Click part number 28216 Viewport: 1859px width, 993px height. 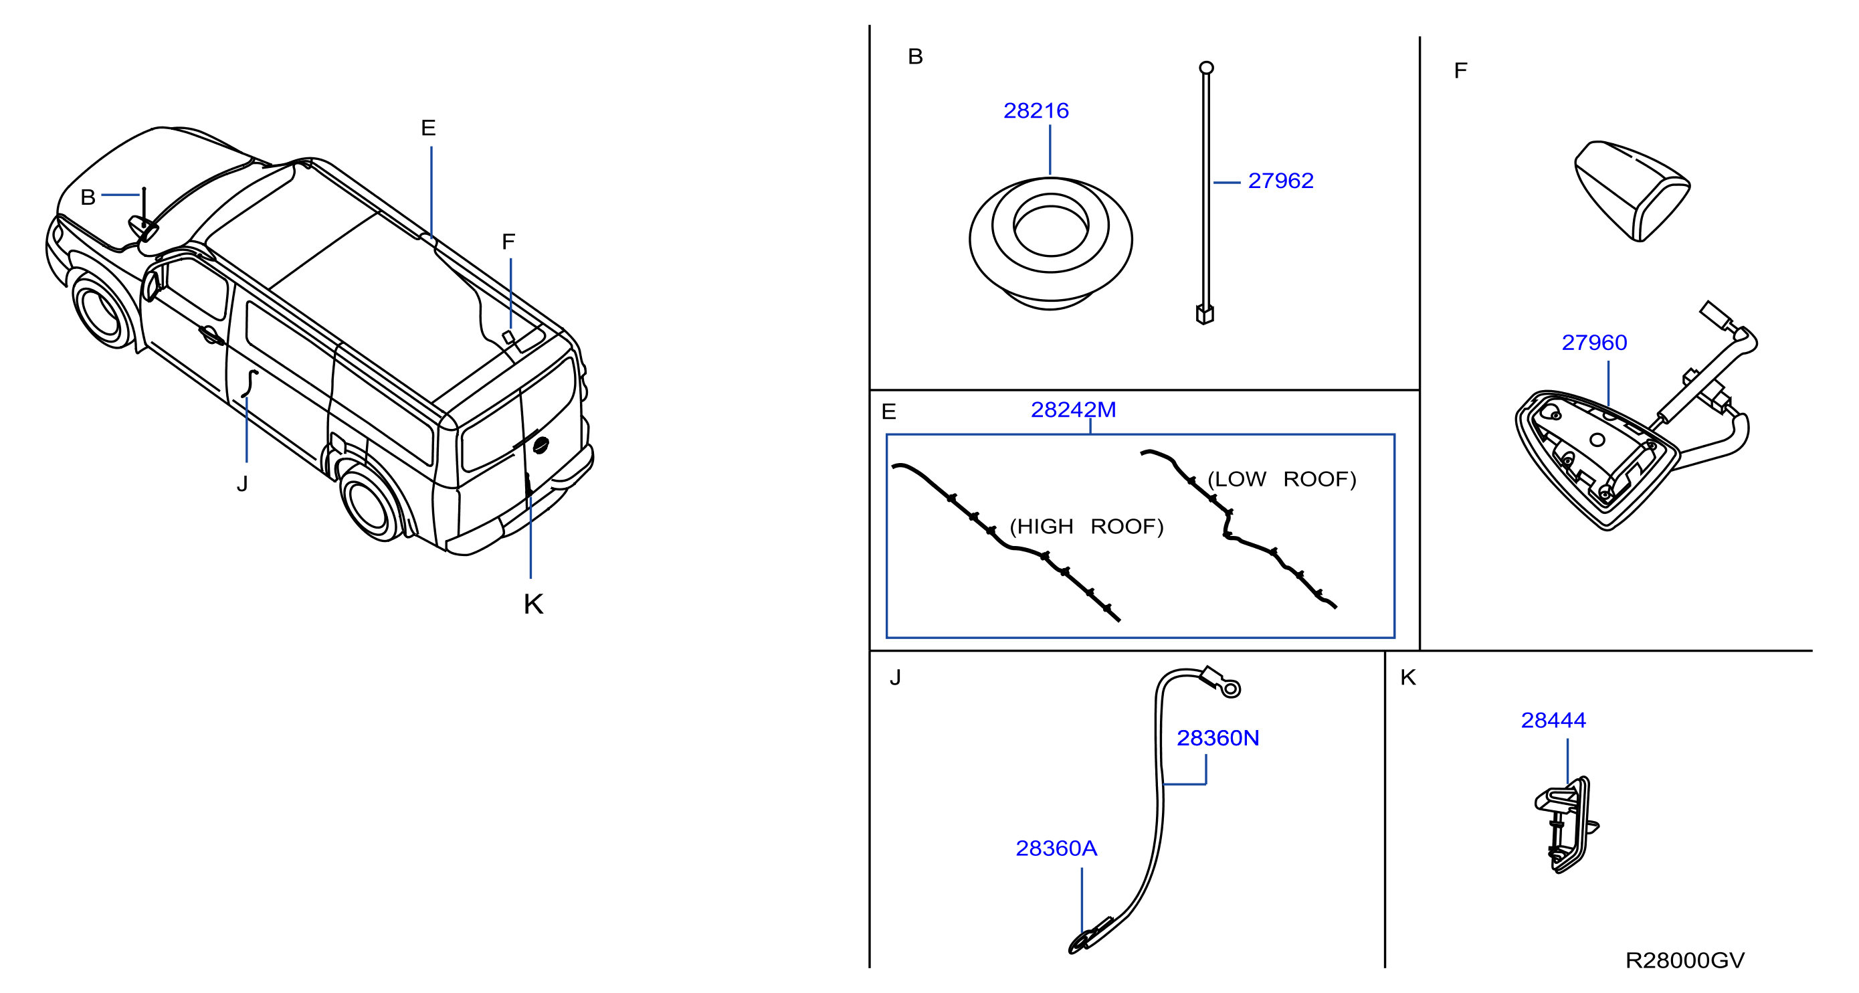[1036, 110]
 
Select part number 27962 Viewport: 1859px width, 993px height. [1280, 181]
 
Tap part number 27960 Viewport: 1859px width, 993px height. [1594, 342]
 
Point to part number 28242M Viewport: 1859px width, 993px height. [1073, 410]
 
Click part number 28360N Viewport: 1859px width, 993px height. [1218, 737]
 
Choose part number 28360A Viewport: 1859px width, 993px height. [1056, 848]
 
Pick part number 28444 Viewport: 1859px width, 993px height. [1553, 719]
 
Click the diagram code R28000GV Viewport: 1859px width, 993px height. [1685, 960]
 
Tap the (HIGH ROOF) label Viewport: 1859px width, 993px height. [1086, 526]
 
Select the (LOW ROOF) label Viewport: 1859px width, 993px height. [1282, 479]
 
